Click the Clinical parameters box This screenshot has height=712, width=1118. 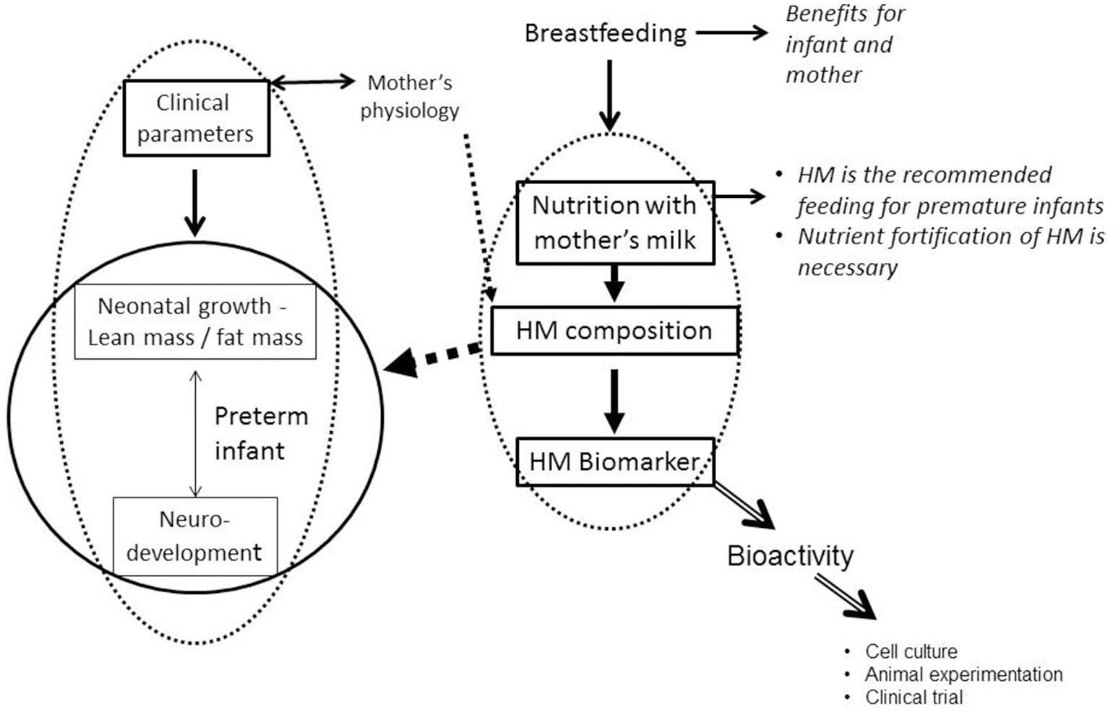pos(196,118)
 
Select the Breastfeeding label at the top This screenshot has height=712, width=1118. pos(605,33)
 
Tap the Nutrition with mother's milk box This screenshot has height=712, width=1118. pos(614,222)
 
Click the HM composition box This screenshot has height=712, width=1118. pos(614,331)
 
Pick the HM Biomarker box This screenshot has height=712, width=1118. pos(614,461)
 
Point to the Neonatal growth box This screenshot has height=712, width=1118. pos(195,321)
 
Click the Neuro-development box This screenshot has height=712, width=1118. pos(194,536)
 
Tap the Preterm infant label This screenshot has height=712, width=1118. pos(261,433)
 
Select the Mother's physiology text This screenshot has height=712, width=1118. pos(410,97)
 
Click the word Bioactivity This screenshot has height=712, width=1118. pos(790,556)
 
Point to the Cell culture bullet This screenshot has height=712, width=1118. pos(911,651)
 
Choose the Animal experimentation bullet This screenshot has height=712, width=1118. pos(963,674)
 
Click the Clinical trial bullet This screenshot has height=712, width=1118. pos(913,698)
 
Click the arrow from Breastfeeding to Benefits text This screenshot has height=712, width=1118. pos(731,32)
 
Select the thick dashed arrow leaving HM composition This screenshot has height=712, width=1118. pos(434,357)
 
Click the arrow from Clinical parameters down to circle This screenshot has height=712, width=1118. pos(194,201)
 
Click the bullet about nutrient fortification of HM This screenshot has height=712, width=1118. pos(950,251)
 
